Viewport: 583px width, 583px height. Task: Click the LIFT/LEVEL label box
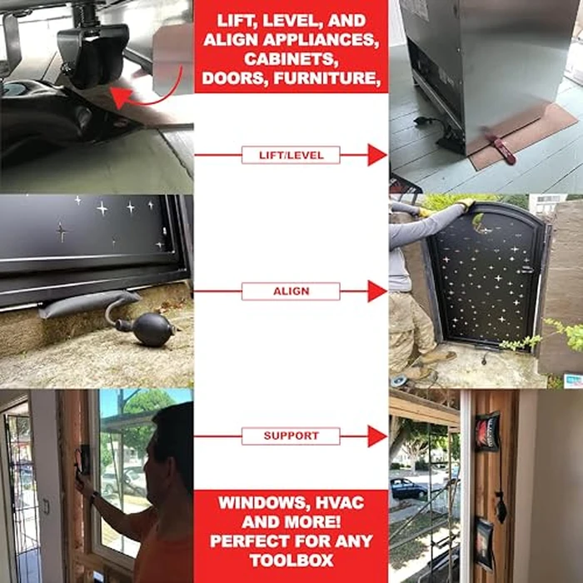291,155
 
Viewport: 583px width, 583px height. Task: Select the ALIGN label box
291,291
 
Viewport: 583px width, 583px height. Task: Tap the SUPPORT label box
291,436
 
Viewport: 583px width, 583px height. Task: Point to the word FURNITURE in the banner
327,78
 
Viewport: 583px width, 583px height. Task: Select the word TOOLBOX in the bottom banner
291,561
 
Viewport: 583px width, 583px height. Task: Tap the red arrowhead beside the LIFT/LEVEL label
377,155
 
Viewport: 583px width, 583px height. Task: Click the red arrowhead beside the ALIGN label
377,291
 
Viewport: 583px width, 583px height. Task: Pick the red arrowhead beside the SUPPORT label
377,436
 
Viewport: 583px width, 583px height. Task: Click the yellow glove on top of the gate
466,204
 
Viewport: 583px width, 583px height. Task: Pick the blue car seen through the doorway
408,489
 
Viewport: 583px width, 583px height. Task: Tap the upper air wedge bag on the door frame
487,431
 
